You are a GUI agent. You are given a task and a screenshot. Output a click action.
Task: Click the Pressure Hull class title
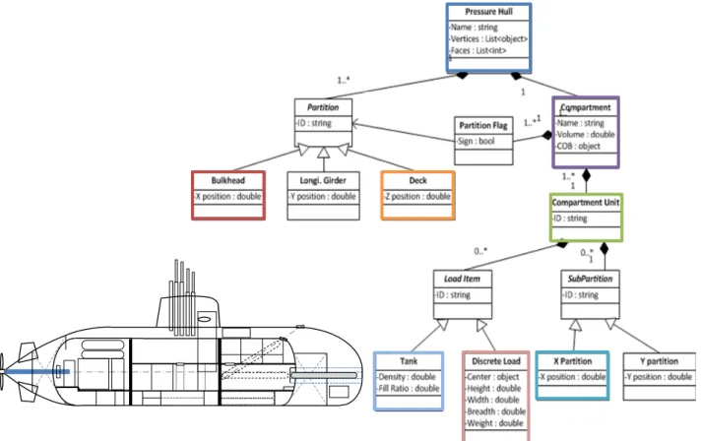[488, 12]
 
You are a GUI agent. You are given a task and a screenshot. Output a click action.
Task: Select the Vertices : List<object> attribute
[488, 39]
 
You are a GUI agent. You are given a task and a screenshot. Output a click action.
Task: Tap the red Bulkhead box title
[227, 180]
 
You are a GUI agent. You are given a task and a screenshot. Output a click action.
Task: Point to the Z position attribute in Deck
[417, 196]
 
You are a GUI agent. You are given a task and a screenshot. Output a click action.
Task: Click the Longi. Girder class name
[323, 180]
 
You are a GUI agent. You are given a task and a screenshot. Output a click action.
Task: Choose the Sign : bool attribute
[476, 142]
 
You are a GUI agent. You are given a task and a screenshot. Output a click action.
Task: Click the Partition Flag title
[483, 125]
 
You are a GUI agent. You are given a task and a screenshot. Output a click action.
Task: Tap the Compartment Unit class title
[586, 203]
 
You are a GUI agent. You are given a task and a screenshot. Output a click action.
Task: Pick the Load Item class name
[462, 279]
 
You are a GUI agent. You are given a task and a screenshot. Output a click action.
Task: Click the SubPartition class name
[590, 279]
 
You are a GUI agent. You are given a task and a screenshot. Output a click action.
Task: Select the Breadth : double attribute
[495, 411]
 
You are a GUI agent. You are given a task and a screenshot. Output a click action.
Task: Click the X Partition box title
[572, 361]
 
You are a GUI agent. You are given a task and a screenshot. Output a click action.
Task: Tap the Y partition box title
[659, 361]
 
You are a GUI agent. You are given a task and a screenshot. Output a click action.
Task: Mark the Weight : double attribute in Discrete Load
[494, 423]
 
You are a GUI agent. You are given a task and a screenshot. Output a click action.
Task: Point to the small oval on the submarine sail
[204, 319]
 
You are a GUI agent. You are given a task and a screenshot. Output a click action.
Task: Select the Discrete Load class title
[495, 361]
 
